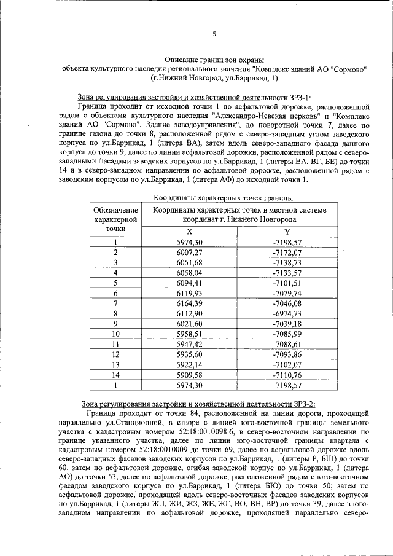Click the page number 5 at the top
tap(214, 34)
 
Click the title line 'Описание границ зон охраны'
tap(214, 60)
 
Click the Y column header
tap(287, 231)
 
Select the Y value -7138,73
tap(287, 262)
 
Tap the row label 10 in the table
tap(115, 334)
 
